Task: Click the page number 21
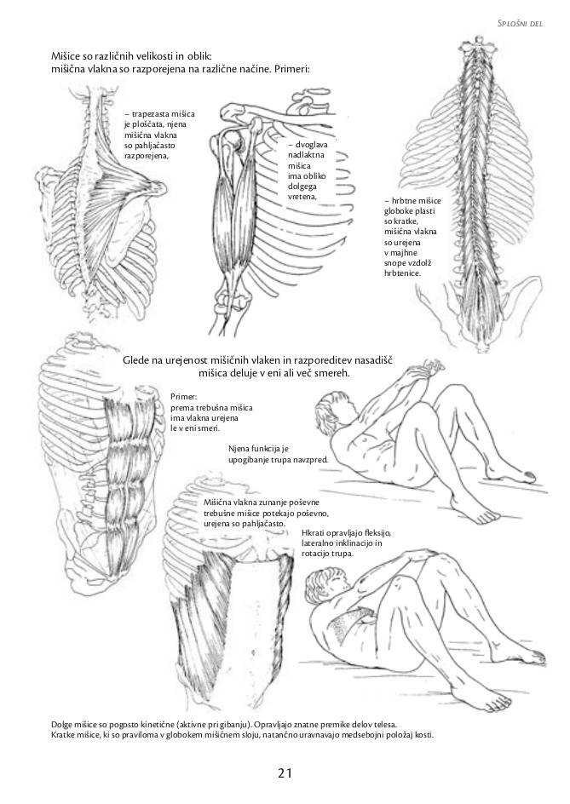click(x=285, y=772)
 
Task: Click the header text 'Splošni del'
click(x=521, y=23)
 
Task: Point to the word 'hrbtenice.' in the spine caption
click(x=402, y=273)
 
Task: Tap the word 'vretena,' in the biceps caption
click(x=302, y=195)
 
